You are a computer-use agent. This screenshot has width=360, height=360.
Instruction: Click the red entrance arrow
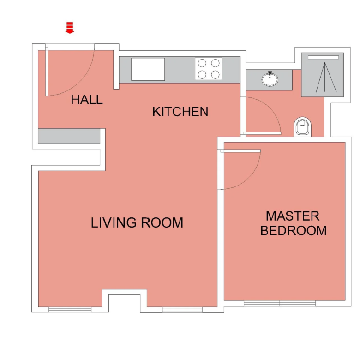70,28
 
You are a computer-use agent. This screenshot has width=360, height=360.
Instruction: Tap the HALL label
87,100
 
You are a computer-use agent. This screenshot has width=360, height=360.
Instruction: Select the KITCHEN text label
180,112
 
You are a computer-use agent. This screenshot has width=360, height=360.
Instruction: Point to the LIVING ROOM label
137,223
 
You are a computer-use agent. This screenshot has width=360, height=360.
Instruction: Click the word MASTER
293,216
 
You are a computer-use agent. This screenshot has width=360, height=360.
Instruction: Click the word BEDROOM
294,230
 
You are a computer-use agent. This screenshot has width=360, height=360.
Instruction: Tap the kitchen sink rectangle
148,69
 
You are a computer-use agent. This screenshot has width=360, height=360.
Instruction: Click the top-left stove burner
202,63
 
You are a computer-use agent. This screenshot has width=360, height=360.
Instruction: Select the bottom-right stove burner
216,75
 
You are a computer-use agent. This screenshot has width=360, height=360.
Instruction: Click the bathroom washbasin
270,79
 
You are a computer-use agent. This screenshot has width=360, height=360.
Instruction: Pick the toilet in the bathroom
302,127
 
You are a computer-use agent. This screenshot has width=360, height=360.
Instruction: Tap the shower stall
322,75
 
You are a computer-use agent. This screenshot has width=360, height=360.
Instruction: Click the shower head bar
323,57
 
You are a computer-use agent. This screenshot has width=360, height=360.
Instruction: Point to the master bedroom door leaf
240,151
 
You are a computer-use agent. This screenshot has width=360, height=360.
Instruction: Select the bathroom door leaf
262,133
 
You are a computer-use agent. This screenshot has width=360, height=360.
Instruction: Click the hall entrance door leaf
47,72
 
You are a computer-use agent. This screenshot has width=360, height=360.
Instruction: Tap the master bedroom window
280,304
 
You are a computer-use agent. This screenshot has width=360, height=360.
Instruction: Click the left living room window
70,310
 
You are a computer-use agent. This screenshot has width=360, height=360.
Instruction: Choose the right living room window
182,310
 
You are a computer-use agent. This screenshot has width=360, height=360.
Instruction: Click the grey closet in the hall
69,136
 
